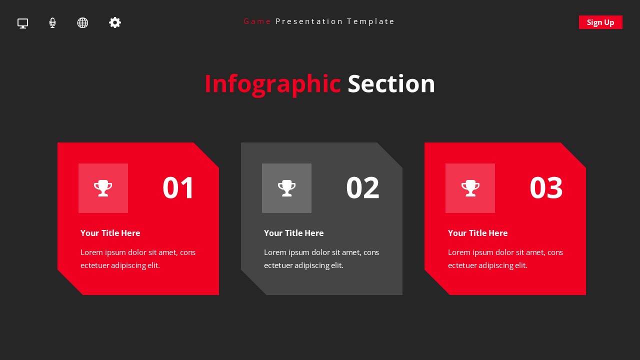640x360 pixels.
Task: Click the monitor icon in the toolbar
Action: (x=22, y=23)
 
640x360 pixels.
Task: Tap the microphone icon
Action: (x=52, y=23)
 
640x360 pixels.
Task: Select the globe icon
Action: (x=82, y=23)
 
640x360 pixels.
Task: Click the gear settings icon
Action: (x=115, y=22)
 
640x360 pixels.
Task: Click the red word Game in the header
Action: (x=257, y=21)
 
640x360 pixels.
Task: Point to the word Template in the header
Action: (x=370, y=21)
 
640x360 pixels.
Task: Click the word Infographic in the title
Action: (x=272, y=84)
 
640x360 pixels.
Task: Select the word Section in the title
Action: (x=391, y=84)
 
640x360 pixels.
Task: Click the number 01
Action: (x=178, y=188)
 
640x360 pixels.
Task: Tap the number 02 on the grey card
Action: (x=362, y=188)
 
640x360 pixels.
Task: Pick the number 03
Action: (x=546, y=188)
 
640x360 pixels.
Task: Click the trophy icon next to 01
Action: (x=103, y=188)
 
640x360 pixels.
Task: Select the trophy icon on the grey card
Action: (x=286, y=188)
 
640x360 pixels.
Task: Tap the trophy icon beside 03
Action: (x=470, y=188)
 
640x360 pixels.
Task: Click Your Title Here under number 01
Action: (x=110, y=233)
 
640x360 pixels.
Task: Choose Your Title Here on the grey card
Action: (x=293, y=233)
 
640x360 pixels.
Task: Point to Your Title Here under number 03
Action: (x=477, y=233)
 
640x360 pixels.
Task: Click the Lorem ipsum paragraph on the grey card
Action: (x=321, y=258)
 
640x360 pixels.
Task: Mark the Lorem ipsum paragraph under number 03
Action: (x=505, y=258)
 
